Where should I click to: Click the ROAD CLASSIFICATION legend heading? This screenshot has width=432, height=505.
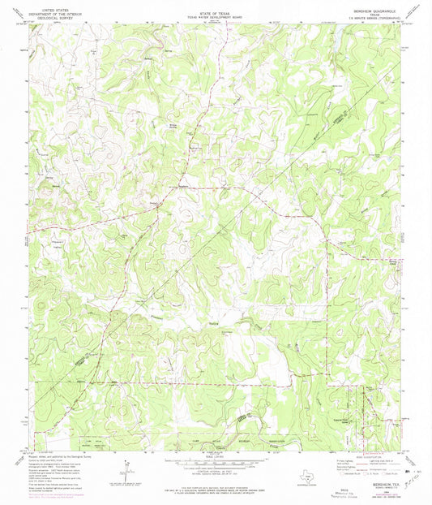(375, 454)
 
